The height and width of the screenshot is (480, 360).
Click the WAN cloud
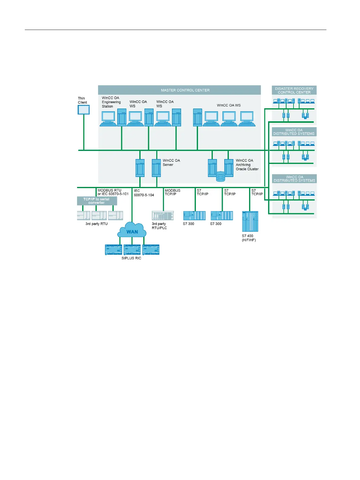[132, 230]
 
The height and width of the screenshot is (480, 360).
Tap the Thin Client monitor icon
[84, 109]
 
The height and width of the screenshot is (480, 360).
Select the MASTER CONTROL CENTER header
[185, 90]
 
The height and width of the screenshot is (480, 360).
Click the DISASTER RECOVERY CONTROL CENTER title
[294, 90]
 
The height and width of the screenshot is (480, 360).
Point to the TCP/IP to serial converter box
[97, 201]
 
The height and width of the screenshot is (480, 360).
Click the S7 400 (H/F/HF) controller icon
[250, 221]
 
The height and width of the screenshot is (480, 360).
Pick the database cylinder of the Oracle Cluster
[220, 177]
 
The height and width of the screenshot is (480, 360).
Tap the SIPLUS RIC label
[131, 258]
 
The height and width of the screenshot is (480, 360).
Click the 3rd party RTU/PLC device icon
[163, 215]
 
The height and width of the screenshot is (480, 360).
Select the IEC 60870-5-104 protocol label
[144, 193]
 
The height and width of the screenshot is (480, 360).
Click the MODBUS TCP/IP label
[173, 192]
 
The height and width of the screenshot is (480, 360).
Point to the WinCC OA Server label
[171, 162]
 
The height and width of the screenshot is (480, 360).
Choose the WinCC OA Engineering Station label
[111, 102]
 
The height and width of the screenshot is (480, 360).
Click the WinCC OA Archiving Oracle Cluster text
[247, 165]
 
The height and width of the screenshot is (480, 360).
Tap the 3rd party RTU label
[96, 224]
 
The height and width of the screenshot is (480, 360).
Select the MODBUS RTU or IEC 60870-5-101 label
[113, 192]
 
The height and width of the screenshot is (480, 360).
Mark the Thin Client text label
[82, 100]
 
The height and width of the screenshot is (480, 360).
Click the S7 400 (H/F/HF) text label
[248, 238]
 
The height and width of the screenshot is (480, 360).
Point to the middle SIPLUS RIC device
[132, 250]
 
